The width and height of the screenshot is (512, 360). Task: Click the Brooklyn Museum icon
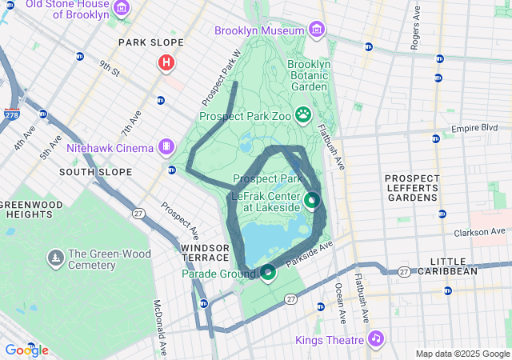click(x=318, y=30)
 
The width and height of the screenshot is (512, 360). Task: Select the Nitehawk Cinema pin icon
click(x=166, y=146)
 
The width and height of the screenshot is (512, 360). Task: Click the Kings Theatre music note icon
click(x=374, y=339)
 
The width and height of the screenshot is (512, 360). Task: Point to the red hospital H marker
click(x=166, y=62)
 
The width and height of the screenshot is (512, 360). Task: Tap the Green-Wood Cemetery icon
click(x=55, y=257)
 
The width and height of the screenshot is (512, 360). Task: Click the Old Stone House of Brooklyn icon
click(x=122, y=8)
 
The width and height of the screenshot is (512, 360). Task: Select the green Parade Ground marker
click(x=267, y=273)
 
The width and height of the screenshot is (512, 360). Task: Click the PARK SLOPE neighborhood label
click(x=150, y=42)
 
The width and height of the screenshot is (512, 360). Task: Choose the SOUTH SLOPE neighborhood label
click(x=90, y=172)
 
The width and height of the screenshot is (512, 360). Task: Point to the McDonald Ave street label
click(x=158, y=327)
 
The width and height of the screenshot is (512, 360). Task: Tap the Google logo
click(x=26, y=350)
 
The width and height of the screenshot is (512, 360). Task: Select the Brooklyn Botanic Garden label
click(x=308, y=74)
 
